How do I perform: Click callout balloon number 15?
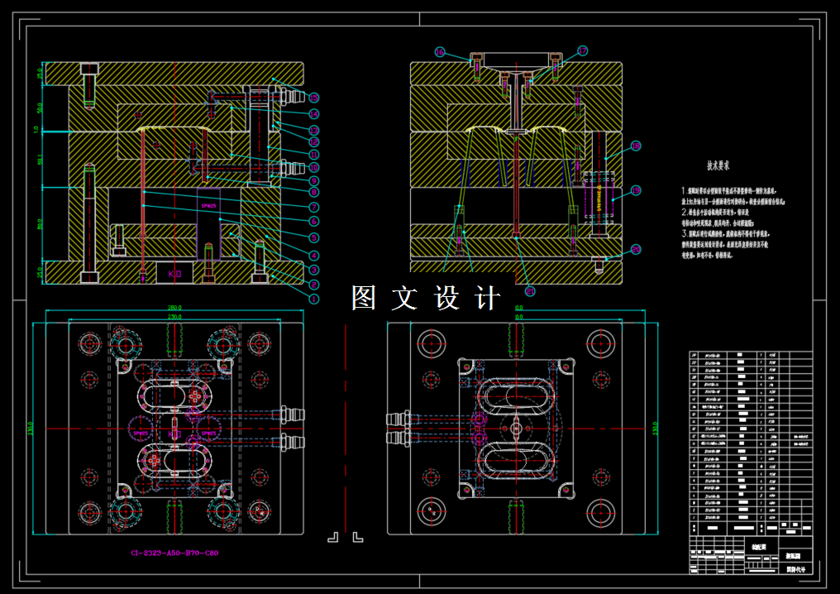coord(314,98)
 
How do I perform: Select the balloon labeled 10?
coord(314,167)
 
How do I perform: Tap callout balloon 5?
coord(314,237)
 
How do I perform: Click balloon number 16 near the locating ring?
coord(440,51)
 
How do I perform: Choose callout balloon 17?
coord(582,51)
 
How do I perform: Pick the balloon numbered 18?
coord(636,147)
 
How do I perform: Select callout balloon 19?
coord(636,191)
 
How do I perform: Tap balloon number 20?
coord(636,249)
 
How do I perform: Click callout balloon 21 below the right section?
coord(530,290)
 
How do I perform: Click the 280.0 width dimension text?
coord(174,308)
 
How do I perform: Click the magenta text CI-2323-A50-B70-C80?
coord(174,553)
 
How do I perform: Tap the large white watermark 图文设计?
coord(426,299)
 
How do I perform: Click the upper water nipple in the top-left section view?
coord(286,97)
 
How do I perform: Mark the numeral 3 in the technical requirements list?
coord(685,233)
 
